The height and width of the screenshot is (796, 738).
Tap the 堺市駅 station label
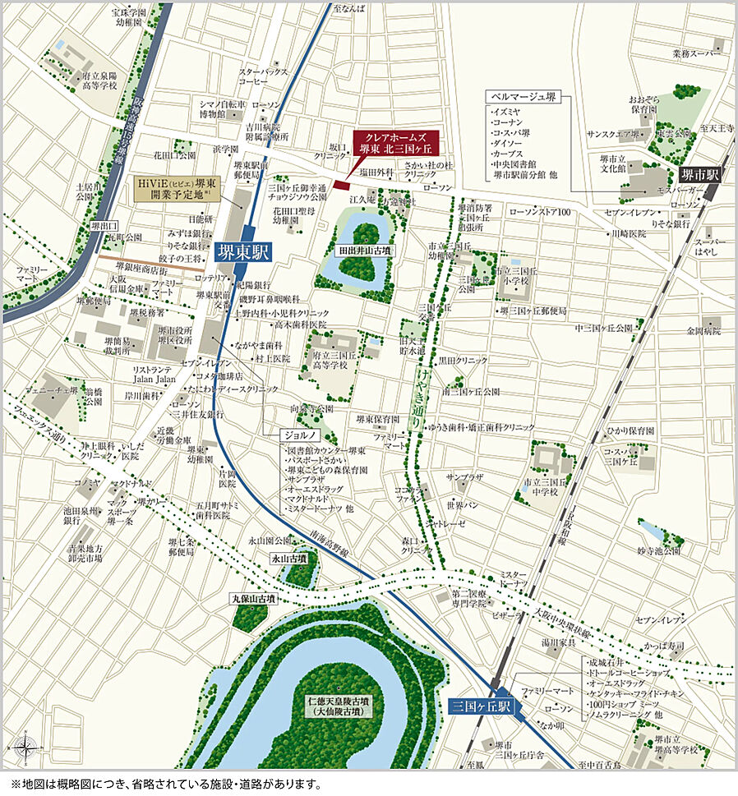point(699,174)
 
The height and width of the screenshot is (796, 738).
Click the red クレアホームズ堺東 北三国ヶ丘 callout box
point(395,143)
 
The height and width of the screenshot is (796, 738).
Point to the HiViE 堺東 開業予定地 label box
point(176,190)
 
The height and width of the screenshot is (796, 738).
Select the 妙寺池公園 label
point(659,550)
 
